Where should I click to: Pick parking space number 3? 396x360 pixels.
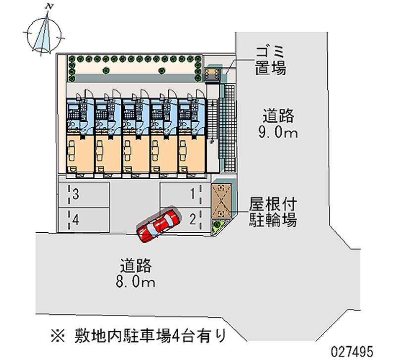[x=84, y=194]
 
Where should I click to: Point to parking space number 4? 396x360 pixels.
[x=84, y=219]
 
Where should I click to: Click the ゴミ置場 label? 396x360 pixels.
[x=270, y=59]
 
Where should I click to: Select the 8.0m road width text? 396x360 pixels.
[x=135, y=274]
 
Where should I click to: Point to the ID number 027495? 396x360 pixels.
[x=361, y=350]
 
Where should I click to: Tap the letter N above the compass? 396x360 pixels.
[x=49, y=6]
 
